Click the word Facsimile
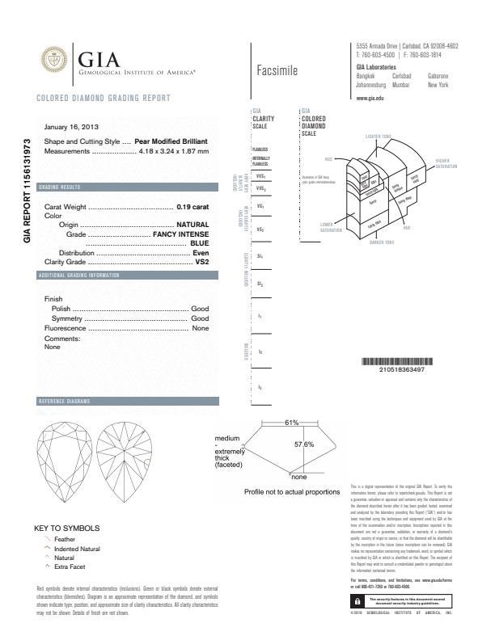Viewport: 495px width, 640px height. click(277, 70)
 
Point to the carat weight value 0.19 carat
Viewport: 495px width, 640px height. click(192, 207)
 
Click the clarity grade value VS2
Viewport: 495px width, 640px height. click(202, 262)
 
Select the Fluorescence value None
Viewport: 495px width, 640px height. click(200, 329)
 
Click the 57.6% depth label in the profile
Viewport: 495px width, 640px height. click(303, 444)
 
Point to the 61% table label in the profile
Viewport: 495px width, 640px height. click(292, 423)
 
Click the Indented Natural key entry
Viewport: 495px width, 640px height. click(77, 549)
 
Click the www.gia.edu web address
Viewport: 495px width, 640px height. click(370, 97)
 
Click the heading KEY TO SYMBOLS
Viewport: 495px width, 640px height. click(66, 528)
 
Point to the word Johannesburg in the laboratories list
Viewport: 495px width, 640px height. click(374, 83)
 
